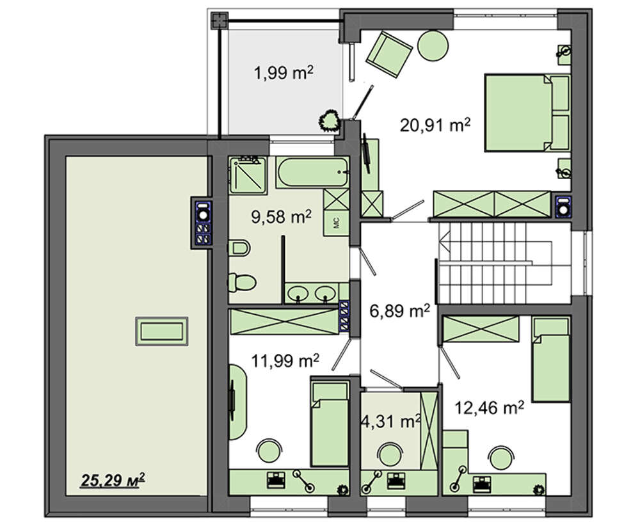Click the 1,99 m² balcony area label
point(284,74)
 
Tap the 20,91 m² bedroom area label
point(435,125)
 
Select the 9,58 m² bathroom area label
point(281,217)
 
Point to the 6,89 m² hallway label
point(399,312)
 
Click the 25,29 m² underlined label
point(113,480)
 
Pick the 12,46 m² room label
point(490,407)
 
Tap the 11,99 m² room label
point(285,361)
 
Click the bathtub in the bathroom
point(312,172)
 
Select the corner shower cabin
point(248,175)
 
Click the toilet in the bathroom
point(242,282)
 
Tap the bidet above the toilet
point(239,248)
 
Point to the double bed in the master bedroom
point(527,113)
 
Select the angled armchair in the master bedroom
point(389,54)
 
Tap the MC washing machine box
point(337,223)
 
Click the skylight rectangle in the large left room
point(162,331)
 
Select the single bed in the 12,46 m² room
point(551,359)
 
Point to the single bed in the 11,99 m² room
point(330,424)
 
